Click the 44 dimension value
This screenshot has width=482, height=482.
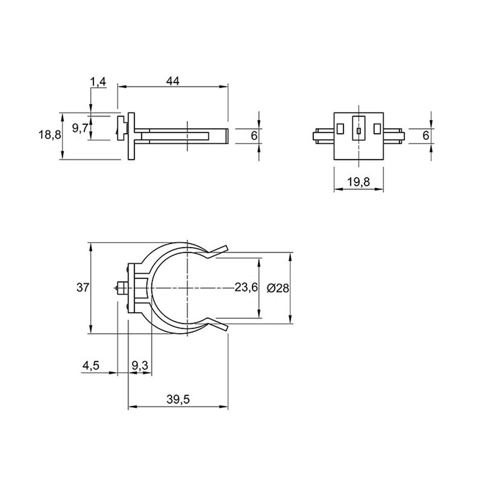click(173, 81)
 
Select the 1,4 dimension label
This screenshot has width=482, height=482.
click(98, 82)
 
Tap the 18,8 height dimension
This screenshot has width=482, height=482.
click(50, 135)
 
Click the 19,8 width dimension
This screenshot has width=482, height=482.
click(359, 182)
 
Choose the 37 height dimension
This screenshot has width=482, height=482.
click(83, 288)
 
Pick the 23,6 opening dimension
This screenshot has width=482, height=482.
click(246, 288)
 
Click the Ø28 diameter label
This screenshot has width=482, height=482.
click(278, 288)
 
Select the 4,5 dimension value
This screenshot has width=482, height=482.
click(90, 366)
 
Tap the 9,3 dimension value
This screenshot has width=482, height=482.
click(140, 366)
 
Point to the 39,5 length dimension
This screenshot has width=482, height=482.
click(178, 399)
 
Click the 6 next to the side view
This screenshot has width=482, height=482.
click(254, 135)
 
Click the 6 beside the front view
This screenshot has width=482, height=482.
click(426, 135)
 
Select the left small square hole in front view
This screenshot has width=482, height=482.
click(340, 128)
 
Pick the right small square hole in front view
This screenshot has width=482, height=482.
click(377, 128)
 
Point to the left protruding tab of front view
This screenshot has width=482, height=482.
click(323, 136)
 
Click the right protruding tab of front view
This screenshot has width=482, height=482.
click(394, 136)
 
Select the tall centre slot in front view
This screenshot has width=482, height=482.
click(359, 128)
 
